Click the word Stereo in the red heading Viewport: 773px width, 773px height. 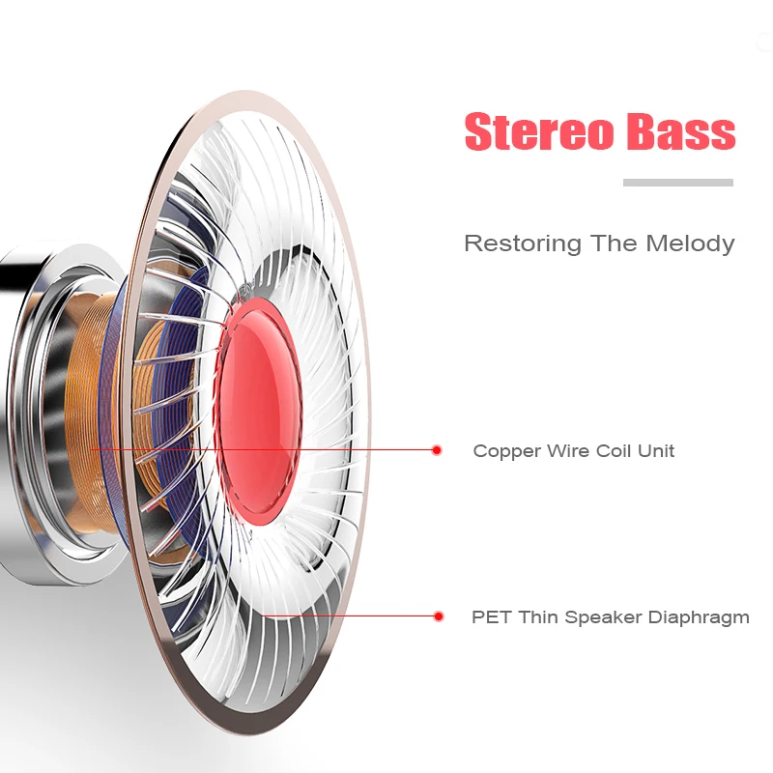pyautogui.click(x=538, y=131)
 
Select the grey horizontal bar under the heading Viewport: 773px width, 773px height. pyautogui.click(x=678, y=183)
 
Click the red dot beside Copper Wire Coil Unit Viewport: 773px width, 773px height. pyautogui.click(x=437, y=450)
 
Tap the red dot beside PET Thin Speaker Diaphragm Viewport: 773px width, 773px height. pyautogui.click(x=439, y=616)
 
